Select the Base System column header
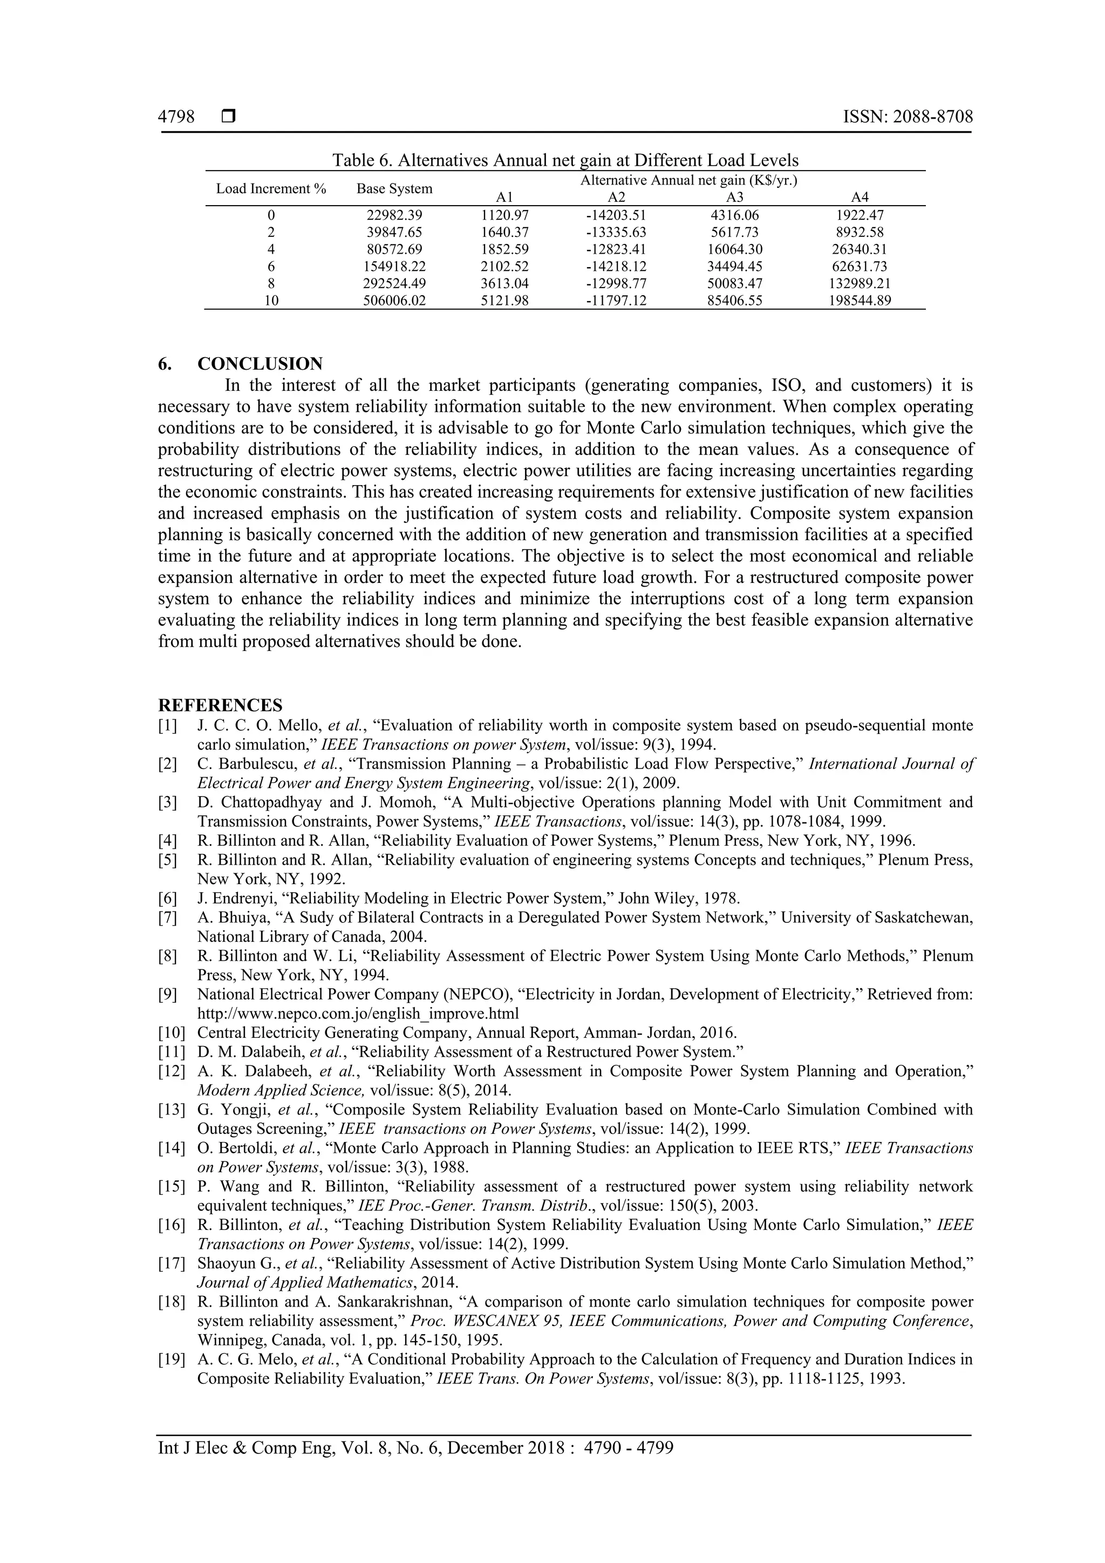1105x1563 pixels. pos(394,188)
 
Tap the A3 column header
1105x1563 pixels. pos(734,198)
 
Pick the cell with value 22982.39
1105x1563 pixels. pos(394,215)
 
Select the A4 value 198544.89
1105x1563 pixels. pos(860,300)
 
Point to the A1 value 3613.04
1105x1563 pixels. pos(504,283)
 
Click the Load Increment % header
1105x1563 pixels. pos(271,188)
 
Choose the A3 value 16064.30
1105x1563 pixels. pos(734,249)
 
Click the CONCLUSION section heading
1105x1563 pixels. pos(260,364)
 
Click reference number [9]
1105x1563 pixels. pos(167,995)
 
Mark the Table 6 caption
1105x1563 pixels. pos(565,161)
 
